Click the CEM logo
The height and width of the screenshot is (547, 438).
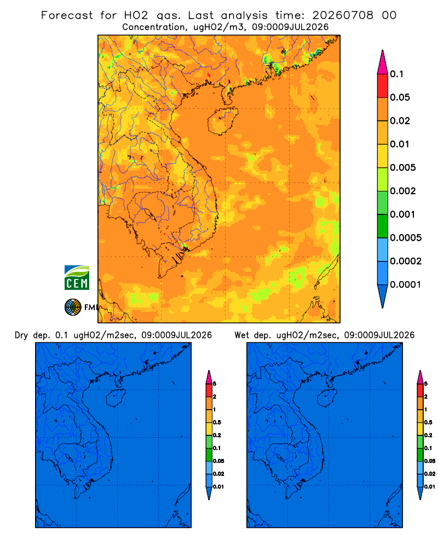point(77,278)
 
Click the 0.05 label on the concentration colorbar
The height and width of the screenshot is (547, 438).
point(400,97)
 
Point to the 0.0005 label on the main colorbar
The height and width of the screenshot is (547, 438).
point(406,238)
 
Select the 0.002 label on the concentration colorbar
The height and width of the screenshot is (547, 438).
point(403,191)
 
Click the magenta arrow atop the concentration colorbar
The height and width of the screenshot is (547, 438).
point(383,62)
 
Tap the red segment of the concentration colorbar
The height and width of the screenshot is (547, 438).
point(383,86)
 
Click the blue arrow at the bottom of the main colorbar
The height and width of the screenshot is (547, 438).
point(383,296)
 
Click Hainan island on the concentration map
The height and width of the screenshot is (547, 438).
point(222,121)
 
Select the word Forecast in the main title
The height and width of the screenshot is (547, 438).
point(67,15)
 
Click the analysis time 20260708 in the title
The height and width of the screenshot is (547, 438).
point(343,15)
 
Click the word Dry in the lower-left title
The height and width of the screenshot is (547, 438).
point(21,335)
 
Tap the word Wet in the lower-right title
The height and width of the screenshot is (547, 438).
point(241,335)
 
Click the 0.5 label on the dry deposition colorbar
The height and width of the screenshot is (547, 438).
point(217,422)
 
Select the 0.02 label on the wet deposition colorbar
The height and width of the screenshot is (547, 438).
point(430,474)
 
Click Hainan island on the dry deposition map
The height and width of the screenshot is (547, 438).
point(116,398)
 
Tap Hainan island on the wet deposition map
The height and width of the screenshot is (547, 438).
point(327,398)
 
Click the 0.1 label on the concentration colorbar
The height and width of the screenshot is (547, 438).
point(397,74)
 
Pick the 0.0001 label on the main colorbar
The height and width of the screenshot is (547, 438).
point(406,284)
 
